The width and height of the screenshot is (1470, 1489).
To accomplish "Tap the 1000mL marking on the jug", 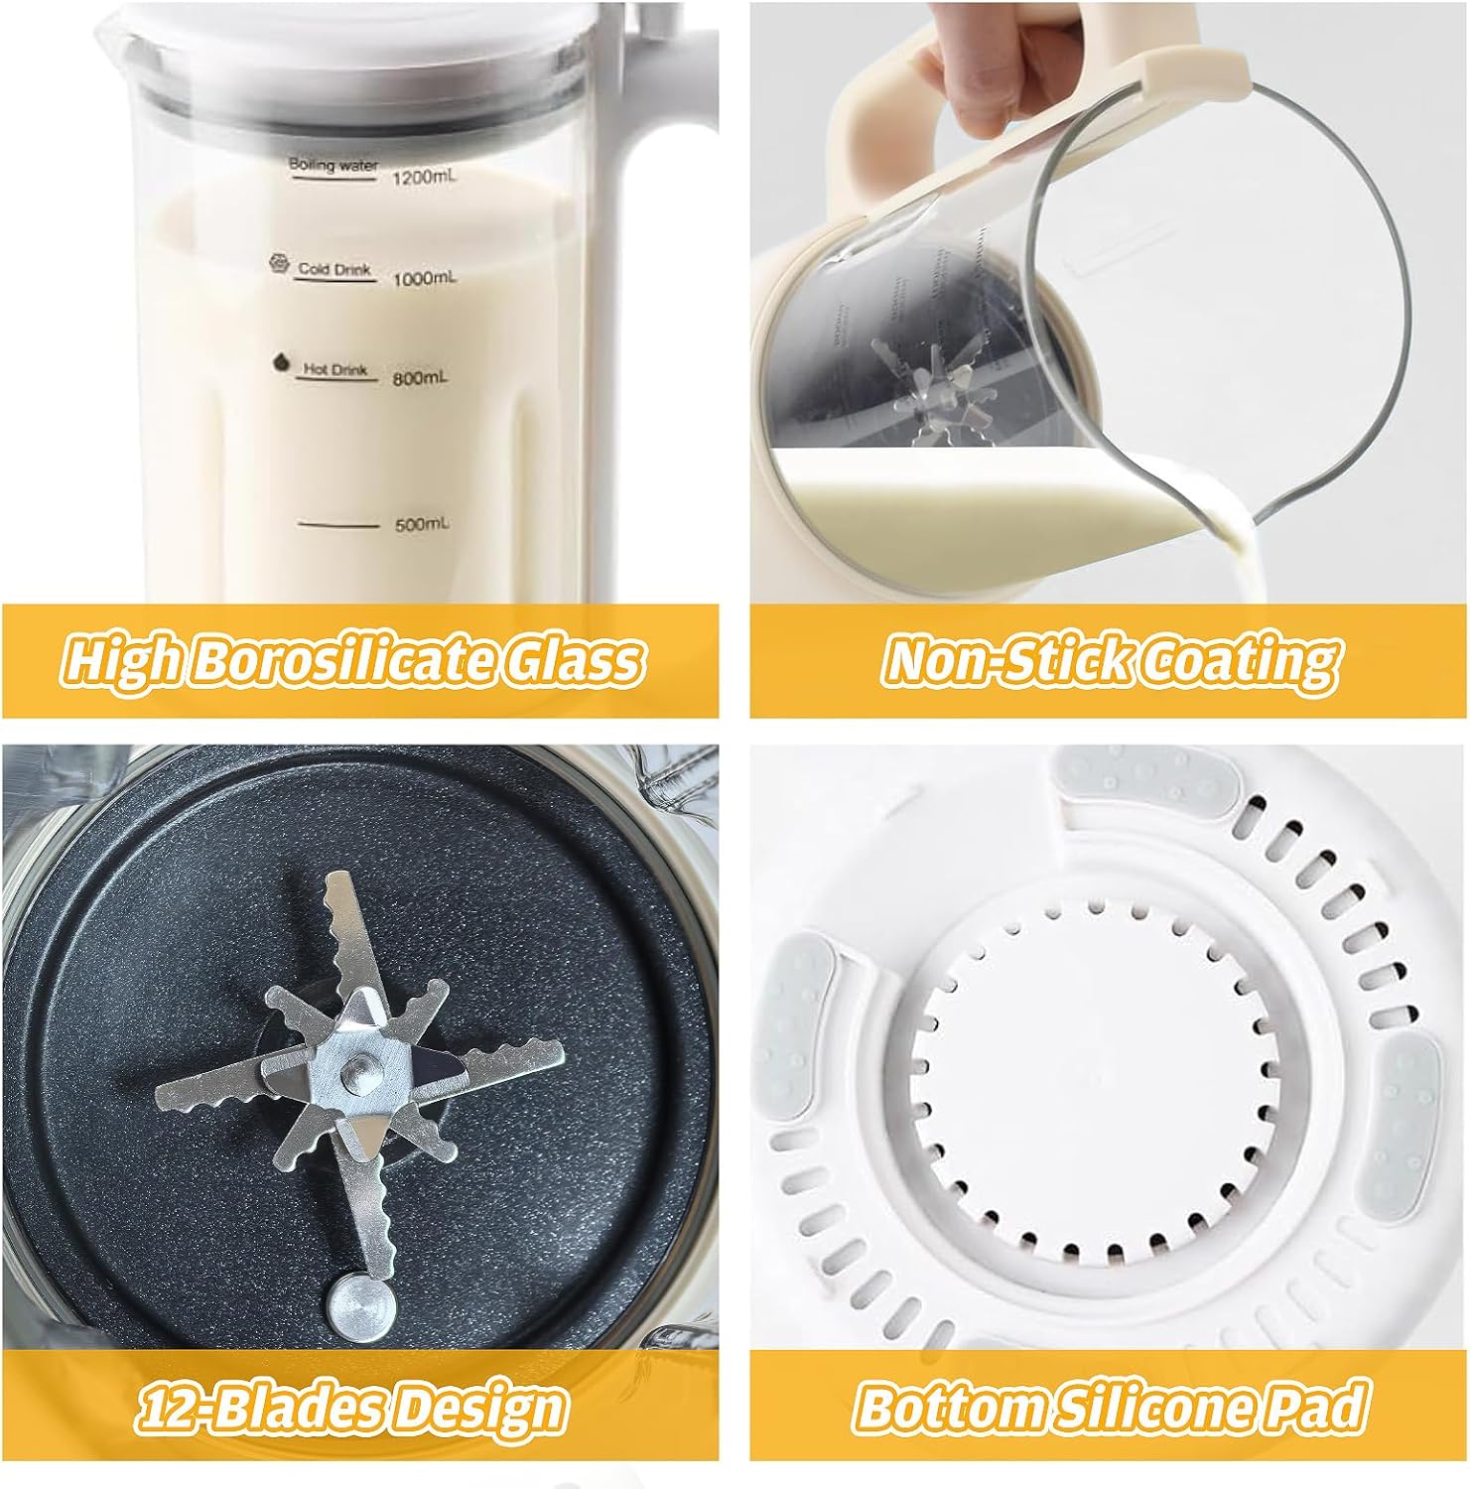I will pos(426,279).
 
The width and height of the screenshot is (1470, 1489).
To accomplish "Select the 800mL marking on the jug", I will pos(422,377).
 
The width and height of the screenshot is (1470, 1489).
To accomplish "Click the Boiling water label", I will pos(333,166).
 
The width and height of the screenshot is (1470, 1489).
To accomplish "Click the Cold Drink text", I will pos(335,269).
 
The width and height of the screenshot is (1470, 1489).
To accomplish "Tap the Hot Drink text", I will pos(334,369).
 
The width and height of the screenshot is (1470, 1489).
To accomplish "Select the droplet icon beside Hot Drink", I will pos(281,362).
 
